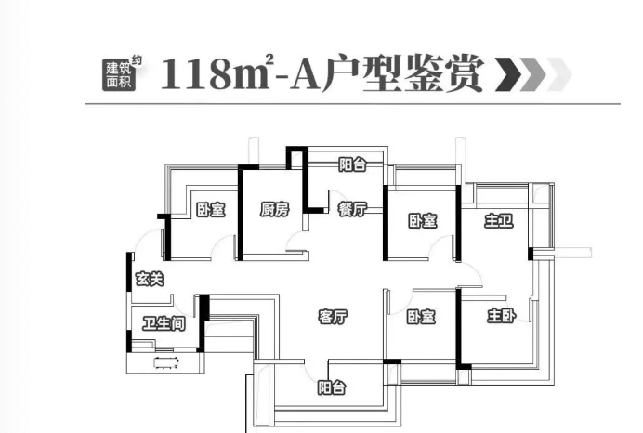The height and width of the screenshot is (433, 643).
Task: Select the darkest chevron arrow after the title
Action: click(508, 74)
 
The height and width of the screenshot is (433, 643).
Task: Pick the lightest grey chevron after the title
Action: click(558, 74)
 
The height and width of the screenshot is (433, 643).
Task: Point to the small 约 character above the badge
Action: click(138, 60)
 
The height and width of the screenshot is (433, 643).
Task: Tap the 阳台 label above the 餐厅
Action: click(352, 165)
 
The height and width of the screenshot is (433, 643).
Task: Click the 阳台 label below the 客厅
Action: click(331, 387)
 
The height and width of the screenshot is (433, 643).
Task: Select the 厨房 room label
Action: click(275, 210)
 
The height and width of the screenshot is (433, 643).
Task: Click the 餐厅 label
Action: click(352, 210)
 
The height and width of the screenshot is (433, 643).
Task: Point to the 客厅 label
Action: click(332, 317)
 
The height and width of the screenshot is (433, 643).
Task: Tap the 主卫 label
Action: click(499, 221)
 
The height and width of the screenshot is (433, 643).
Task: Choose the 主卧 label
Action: click(502, 317)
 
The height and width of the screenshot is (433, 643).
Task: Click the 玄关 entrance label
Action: click(150, 278)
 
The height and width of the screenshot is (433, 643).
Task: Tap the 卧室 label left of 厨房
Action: click(211, 210)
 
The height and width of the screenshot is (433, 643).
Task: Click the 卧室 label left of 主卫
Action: click(423, 221)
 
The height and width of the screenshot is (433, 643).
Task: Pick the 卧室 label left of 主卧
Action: click(423, 317)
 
